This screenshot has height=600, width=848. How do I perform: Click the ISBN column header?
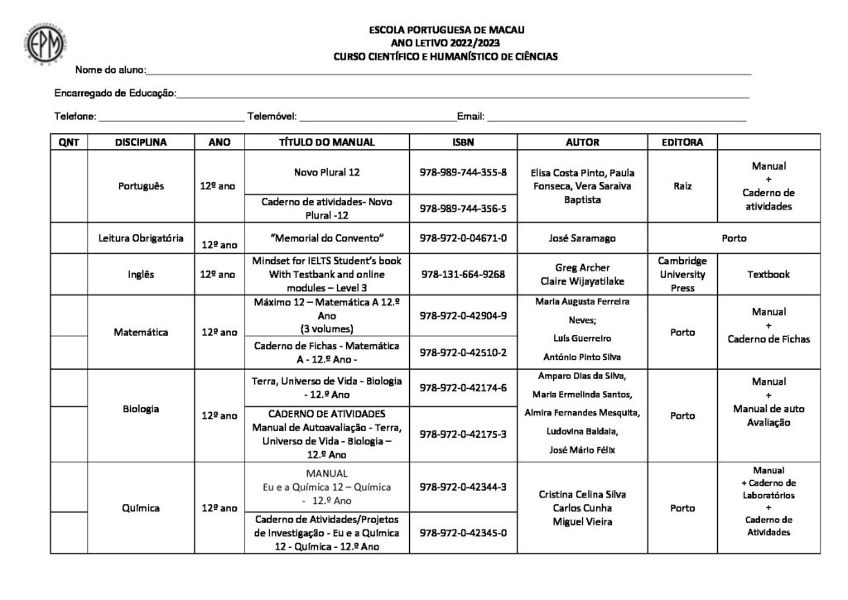coord(463,142)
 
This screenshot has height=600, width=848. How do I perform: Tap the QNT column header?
coord(69,142)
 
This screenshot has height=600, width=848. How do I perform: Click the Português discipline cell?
coord(141,186)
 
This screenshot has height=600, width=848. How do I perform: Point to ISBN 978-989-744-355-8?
coord(463,172)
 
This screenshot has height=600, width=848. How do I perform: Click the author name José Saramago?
coord(582,238)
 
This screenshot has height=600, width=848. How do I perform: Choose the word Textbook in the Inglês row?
coord(768,274)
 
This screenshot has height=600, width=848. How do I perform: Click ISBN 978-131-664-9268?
coord(463,274)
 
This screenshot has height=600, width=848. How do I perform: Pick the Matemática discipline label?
coord(141,333)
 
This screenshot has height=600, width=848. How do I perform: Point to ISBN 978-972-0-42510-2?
coord(463,352)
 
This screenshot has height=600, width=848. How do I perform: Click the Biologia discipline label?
coord(141,409)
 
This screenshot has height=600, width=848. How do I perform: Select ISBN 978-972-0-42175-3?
coord(463,434)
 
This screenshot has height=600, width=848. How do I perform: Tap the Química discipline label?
coord(141,507)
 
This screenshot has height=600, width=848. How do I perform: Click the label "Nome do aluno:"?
coord(110,69)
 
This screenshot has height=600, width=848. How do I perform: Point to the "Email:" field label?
coord(470,117)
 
